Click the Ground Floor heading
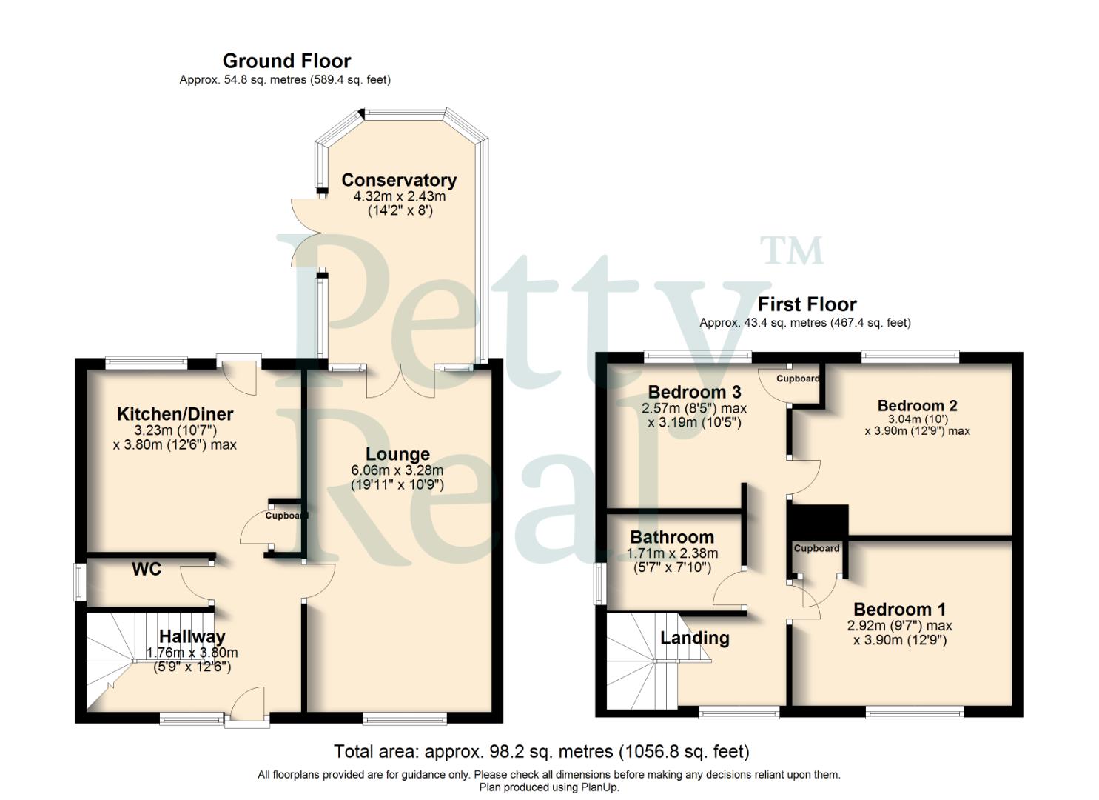(x=286, y=61)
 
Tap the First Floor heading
(x=807, y=304)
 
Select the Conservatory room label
(x=399, y=180)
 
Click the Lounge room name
(x=397, y=454)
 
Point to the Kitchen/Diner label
(x=175, y=414)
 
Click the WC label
(x=147, y=570)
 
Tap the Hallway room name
(x=192, y=636)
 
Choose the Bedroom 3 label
(x=694, y=392)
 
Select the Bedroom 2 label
(x=917, y=406)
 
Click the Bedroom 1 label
(x=899, y=610)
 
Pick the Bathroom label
(x=672, y=537)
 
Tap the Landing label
(x=694, y=638)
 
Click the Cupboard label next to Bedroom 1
(x=816, y=549)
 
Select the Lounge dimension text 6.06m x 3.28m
(x=397, y=470)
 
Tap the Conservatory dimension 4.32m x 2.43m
(x=400, y=196)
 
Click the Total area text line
(x=541, y=752)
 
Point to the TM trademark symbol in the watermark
(x=791, y=251)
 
